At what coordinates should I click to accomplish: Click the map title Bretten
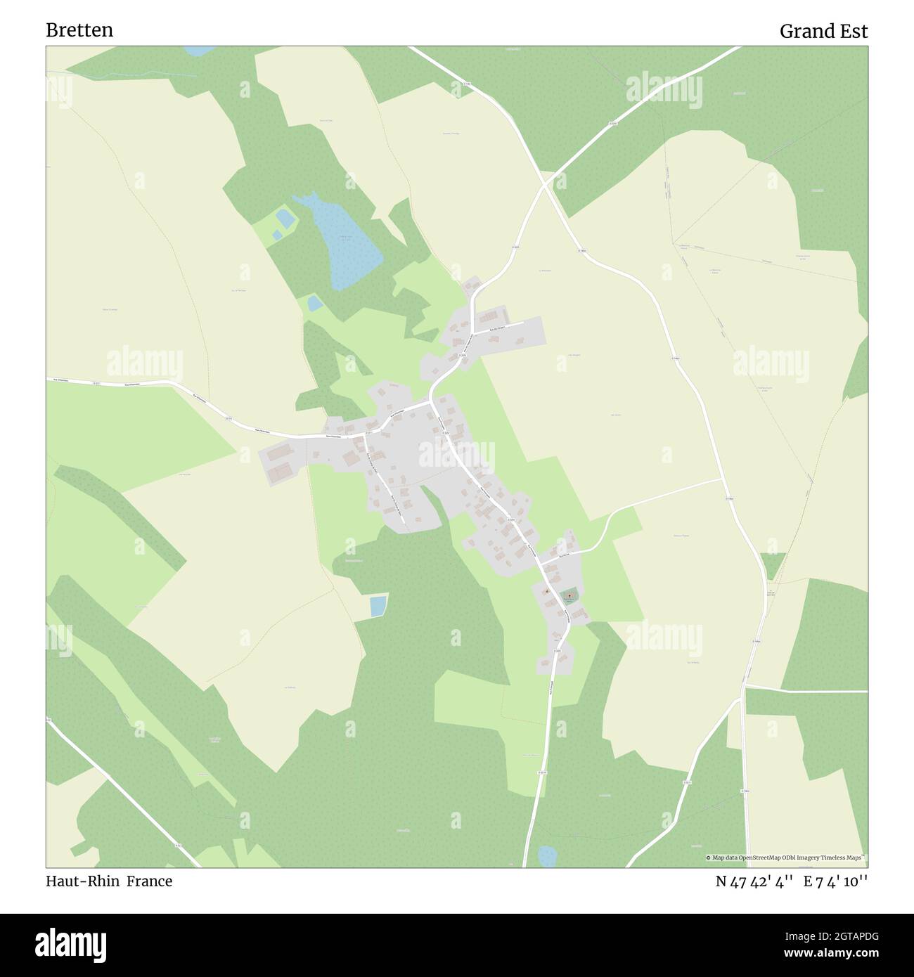coord(79,30)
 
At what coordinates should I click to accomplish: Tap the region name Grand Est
coord(823,32)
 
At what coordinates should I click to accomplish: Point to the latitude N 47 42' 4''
coord(754,881)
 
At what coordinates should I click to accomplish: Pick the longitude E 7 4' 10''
coord(836,881)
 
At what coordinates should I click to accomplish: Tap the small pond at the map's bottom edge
coord(546,856)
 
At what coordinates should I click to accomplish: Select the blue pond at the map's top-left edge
coord(199,51)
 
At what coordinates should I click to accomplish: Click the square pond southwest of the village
coord(378,605)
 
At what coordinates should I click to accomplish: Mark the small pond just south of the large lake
coord(314,303)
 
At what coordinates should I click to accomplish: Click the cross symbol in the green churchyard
coord(568,595)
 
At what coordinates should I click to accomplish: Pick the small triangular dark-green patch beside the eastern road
coord(772,564)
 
